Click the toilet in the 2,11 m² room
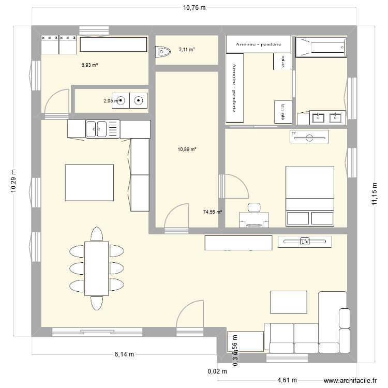(163, 51)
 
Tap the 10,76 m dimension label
(193, 8)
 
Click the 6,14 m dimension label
(125, 354)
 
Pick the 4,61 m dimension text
(286, 380)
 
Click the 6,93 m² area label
(89, 65)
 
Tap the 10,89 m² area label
(187, 150)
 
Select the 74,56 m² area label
(213, 212)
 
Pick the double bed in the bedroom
(310, 196)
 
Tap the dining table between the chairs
(96, 268)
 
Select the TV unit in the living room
(304, 241)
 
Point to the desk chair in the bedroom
(254, 207)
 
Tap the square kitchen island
(89, 183)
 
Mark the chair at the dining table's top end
(96, 234)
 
